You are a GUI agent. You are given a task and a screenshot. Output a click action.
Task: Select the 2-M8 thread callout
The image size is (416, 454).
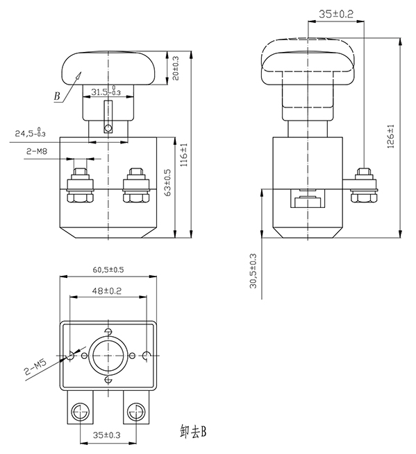click(37, 149)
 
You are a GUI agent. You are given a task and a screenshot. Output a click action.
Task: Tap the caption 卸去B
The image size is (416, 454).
click(194, 432)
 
